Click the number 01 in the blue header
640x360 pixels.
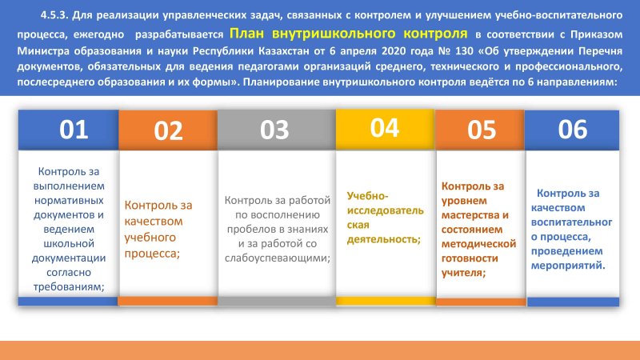(x=74, y=130)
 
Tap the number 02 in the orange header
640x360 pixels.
(x=168, y=131)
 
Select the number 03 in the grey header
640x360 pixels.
(x=274, y=130)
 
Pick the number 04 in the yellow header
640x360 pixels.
(x=384, y=127)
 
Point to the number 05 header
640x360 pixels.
(x=482, y=130)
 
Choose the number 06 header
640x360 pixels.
(x=573, y=129)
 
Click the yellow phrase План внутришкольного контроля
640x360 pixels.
(x=349, y=33)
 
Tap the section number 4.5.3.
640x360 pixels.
(x=54, y=15)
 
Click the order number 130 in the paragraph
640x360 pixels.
(x=463, y=51)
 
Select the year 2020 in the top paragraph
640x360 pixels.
(x=393, y=51)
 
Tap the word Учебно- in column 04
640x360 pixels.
(x=367, y=196)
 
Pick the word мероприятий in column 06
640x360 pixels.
(x=567, y=266)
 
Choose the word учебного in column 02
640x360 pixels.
(x=150, y=238)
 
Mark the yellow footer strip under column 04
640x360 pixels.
(x=386, y=302)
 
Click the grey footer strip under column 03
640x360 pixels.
(x=277, y=302)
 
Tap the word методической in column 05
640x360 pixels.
(x=478, y=244)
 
